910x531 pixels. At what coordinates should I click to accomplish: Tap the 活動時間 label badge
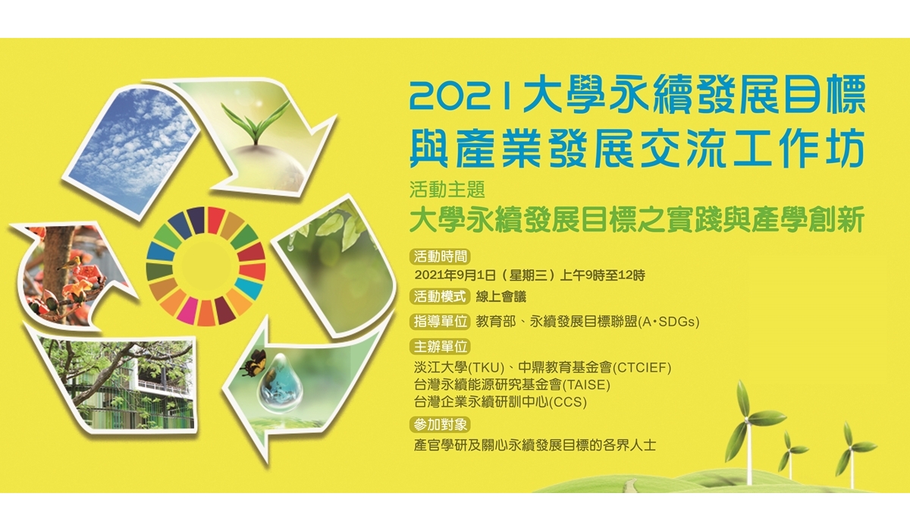click(x=441, y=256)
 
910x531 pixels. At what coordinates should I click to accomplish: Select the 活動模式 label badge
click(x=441, y=296)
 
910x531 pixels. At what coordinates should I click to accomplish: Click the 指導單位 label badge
click(x=441, y=322)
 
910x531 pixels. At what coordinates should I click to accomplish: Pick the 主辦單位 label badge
click(x=441, y=347)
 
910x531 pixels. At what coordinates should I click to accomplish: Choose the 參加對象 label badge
click(x=441, y=425)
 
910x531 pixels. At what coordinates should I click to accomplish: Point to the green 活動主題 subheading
click(x=447, y=190)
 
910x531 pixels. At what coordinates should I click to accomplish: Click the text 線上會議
click(x=501, y=297)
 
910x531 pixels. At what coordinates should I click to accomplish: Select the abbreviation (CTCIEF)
click(x=642, y=368)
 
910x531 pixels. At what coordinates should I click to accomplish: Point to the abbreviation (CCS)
click(x=568, y=402)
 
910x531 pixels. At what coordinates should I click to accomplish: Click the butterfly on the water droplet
click(x=253, y=363)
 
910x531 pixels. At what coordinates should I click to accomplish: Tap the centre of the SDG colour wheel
click(x=206, y=266)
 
